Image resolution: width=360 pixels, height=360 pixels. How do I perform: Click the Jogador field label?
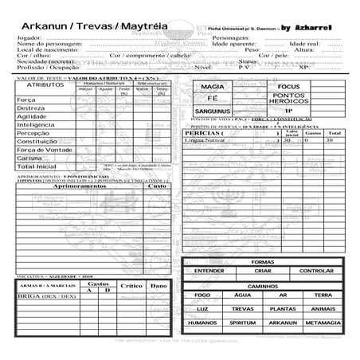click(29, 37)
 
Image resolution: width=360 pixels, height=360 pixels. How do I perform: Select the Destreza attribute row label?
click(31, 107)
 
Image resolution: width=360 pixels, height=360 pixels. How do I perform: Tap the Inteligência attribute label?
click(36, 124)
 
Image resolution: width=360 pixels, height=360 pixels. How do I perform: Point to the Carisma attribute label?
click(29, 158)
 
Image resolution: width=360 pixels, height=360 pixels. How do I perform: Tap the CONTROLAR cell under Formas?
click(316, 271)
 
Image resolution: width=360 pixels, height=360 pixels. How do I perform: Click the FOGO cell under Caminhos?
click(202, 295)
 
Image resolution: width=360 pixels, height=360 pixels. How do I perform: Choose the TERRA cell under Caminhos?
click(323, 295)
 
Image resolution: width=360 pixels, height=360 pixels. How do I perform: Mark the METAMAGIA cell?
click(323, 323)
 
